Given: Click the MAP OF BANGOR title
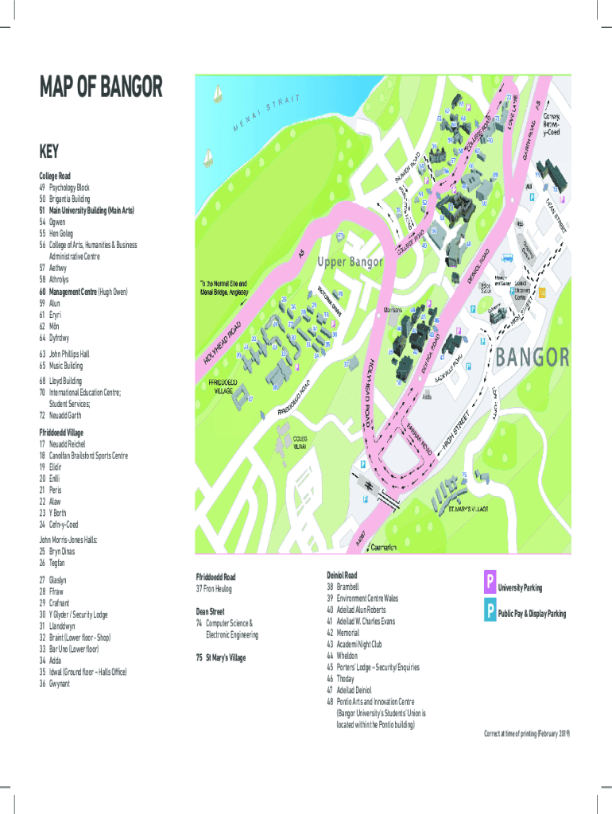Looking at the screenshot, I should (x=101, y=87).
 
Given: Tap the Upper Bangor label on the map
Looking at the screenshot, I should (x=351, y=262).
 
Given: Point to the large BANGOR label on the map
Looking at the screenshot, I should (x=533, y=357).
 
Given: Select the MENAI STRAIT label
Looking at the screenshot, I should (x=265, y=114).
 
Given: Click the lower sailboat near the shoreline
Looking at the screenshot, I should (x=207, y=157).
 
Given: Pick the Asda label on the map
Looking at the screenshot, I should (x=427, y=395).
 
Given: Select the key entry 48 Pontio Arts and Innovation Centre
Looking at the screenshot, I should (x=374, y=702).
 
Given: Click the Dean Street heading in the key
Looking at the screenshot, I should (x=211, y=611).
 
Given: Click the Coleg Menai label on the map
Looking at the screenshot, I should (x=301, y=443).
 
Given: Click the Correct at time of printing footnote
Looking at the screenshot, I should (x=527, y=732).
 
